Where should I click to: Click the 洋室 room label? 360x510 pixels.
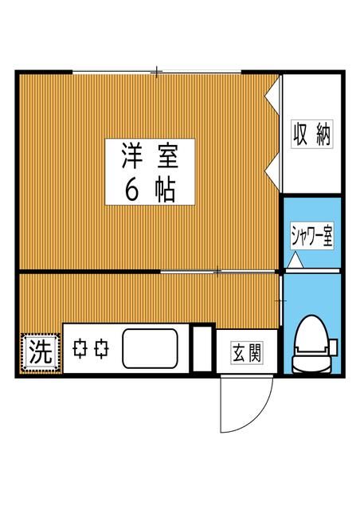(x=149, y=155)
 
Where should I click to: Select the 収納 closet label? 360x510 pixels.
(x=311, y=134)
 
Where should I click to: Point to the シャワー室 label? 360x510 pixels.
(x=311, y=237)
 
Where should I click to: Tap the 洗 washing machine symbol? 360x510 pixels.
(x=40, y=351)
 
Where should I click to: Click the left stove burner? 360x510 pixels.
(x=80, y=349)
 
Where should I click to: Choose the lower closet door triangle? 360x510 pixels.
(x=272, y=169)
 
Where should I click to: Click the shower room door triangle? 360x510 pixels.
(x=295, y=260)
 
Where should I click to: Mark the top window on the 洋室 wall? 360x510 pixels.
(x=157, y=73)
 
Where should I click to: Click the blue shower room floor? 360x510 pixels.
(x=311, y=215)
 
